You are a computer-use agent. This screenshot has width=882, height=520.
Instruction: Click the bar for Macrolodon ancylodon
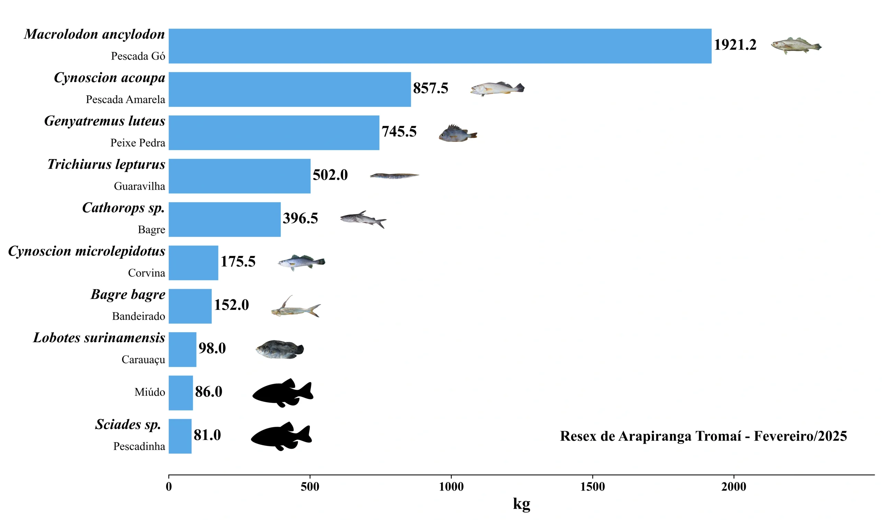tap(440, 46)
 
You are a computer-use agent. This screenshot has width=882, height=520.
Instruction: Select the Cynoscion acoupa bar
tap(289, 89)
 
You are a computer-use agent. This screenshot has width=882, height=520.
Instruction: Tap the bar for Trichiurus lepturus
tap(239, 176)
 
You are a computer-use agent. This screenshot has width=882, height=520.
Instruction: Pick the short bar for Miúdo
tap(181, 392)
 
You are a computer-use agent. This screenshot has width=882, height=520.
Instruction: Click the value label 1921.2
tap(735, 45)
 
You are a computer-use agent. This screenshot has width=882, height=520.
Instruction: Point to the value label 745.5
tap(399, 132)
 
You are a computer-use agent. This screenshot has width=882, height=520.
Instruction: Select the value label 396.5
tap(300, 218)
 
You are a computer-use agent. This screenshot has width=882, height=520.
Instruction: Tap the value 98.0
tap(212, 348)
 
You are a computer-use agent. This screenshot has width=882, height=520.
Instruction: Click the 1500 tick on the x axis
tap(592, 486)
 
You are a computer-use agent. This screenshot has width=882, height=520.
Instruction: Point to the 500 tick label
tap(310, 486)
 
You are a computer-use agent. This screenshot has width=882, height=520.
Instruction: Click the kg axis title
tap(521, 504)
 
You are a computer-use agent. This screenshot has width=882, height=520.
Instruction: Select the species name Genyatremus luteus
tap(104, 121)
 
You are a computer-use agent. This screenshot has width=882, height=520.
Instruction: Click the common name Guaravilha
tap(139, 186)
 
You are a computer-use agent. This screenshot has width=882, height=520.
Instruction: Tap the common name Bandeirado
tap(139, 316)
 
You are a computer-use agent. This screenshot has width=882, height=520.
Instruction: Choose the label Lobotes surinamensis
tap(99, 338)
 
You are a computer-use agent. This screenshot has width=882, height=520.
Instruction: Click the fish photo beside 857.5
tap(497, 89)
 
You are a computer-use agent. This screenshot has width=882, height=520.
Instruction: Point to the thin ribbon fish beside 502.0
tap(394, 175)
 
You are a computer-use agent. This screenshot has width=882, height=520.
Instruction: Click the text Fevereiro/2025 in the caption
tap(800, 436)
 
